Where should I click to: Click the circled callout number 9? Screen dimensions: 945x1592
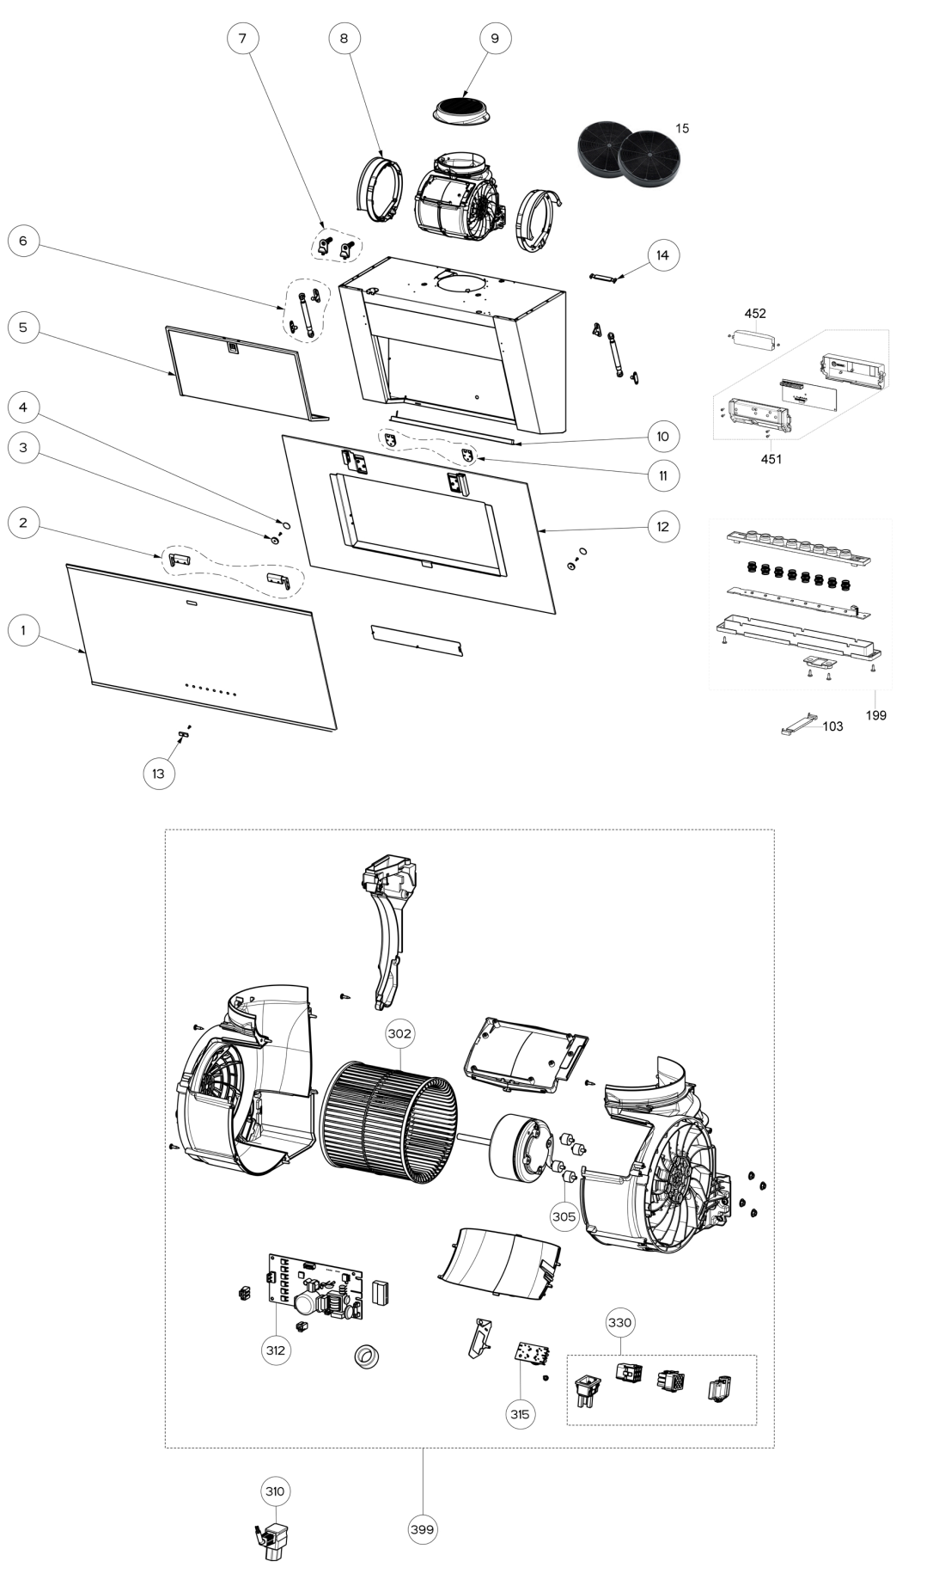tap(495, 38)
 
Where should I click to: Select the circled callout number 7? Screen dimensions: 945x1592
tap(242, 38)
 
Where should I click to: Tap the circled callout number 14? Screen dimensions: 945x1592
tap(662, 255)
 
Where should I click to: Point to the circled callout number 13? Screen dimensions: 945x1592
tap(158, 774)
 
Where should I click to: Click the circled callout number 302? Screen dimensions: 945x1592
tap(399, 1034)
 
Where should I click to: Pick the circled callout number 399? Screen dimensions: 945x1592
tap(423, 1529)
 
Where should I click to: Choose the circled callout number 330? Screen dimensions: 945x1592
tap(620, 1323)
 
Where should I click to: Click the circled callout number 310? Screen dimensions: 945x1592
tap(275, 1491)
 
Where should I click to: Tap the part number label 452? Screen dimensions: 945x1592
tap(755, 314)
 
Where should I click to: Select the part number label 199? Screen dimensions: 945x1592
tap(875, 715)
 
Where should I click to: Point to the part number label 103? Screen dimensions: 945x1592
tap(832, 726)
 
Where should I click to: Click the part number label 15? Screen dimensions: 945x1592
tap(682, 128)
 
